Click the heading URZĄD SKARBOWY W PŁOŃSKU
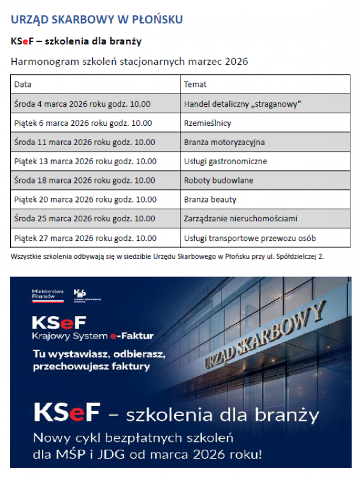click(97, 19)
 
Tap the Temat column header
click(195, 85)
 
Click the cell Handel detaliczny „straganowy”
click(242, 104)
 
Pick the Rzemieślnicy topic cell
click(207, 123)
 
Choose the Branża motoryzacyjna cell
click(224, 142)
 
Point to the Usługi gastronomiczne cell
click(225, 161)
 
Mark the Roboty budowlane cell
click(218, 180)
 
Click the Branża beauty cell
click(210, 200)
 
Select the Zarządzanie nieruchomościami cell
click(241, 219)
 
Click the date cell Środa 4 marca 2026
click(82, 104)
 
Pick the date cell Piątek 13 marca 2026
click(85, 161)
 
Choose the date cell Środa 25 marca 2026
click(84, 219)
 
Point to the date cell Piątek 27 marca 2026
click(85, 238)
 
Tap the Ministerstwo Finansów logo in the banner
click(47, 294)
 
